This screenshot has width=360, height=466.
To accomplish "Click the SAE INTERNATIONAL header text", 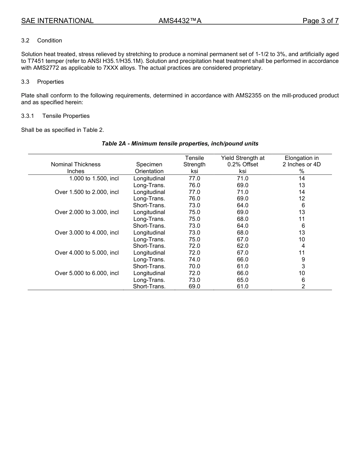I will point(57,21).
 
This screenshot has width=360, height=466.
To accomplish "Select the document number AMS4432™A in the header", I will point(180,21).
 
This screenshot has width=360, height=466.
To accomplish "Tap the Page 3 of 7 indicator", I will point(320,21).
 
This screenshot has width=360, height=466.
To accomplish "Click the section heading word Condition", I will point(50,41).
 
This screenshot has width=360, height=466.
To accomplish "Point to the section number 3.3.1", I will point(28,116).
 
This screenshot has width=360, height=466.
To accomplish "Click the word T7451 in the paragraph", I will point(36,61).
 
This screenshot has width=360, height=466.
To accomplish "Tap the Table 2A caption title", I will point(180,144).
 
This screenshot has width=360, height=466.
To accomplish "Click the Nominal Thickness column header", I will point(76,164).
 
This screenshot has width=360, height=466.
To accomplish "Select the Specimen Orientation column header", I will point(149,168).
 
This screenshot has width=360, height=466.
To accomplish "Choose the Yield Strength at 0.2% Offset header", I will point(243,161).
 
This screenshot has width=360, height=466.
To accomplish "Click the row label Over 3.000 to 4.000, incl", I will point(87,233).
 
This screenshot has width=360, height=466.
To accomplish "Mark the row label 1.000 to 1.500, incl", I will point(94,178).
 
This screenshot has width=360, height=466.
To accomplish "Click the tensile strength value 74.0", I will point(194,260).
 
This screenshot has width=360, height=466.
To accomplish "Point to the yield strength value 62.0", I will point(243,246).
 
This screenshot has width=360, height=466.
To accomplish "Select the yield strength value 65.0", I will point(243,280).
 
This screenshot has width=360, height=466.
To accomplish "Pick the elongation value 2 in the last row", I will point(303,286).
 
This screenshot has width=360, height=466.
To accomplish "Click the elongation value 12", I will point(302,199).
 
